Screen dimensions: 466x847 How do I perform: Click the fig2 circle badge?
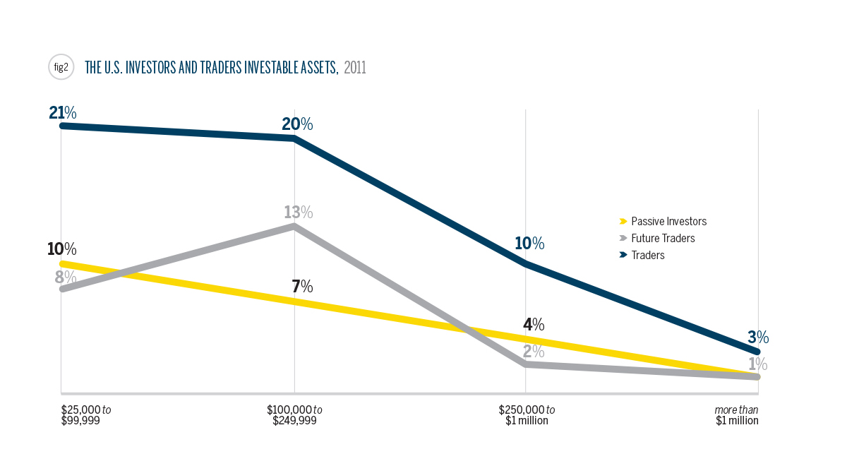61,68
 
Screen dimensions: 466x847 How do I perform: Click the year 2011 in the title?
355,68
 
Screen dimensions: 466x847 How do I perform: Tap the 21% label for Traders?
63,112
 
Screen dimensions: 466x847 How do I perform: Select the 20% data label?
297,124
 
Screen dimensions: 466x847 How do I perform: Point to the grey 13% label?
298,212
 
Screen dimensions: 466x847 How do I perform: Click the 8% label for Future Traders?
66,277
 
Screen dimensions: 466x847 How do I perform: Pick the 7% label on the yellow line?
301,287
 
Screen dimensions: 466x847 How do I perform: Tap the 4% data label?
534,325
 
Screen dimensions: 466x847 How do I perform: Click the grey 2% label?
534,351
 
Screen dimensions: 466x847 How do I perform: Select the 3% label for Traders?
758,337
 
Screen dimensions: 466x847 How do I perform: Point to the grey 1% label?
758,364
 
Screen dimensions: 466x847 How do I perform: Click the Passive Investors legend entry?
668,221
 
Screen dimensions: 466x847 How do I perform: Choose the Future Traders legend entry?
662,238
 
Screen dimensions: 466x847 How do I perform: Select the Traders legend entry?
647,255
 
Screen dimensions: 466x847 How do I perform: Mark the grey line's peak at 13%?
294,227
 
